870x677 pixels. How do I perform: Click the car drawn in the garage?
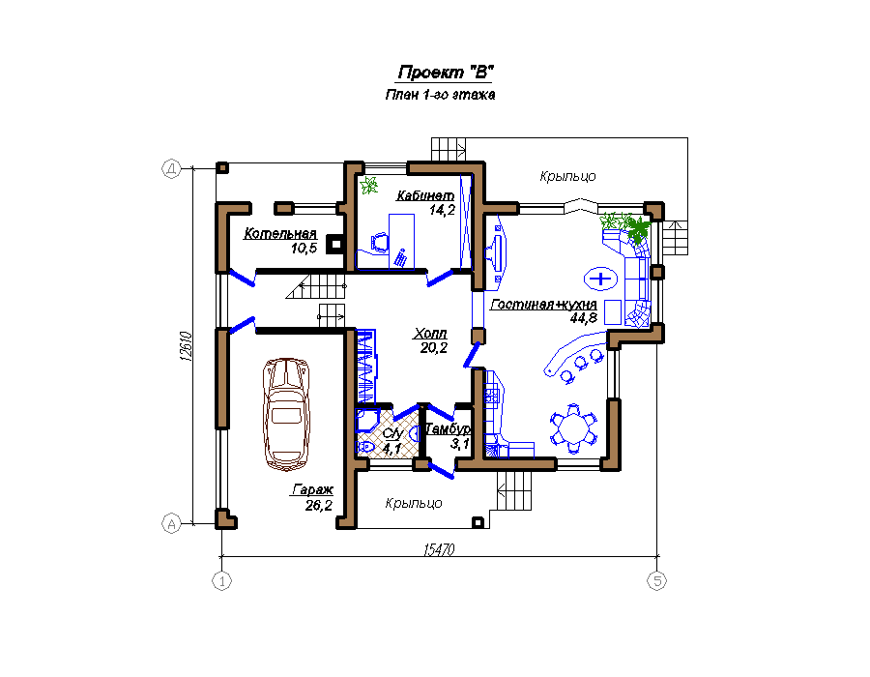click(x=286, y=414)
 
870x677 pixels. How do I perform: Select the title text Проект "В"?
click(x=446, y=73)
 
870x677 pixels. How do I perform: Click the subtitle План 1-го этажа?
click(x=440, y=95)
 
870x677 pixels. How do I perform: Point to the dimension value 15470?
click(x=439, y=549)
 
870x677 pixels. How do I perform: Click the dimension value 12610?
click(x=186, y=346)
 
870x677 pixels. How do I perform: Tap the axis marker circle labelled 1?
click(x=222, y=581)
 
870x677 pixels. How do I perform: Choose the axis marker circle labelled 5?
click(x=657, y=581)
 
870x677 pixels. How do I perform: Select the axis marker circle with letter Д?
click(x=171, y=168)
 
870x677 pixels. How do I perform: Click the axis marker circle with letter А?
click(x=171, y=524)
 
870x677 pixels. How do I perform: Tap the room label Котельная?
click(x=280, y=234)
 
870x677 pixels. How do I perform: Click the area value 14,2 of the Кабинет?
click(x=442, y=210)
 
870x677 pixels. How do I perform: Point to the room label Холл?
click(x=430, y=334)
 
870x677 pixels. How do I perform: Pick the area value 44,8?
click(x=584, y=318)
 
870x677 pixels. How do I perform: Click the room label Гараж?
click(x=312, y=490)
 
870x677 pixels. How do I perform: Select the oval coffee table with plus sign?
click(x=600, y=278)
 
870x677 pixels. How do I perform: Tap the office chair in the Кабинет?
click(x=380, y=243)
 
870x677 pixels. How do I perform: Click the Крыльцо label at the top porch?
click(x=567, y=176)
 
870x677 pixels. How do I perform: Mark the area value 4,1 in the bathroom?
click(x=391, y=449)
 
